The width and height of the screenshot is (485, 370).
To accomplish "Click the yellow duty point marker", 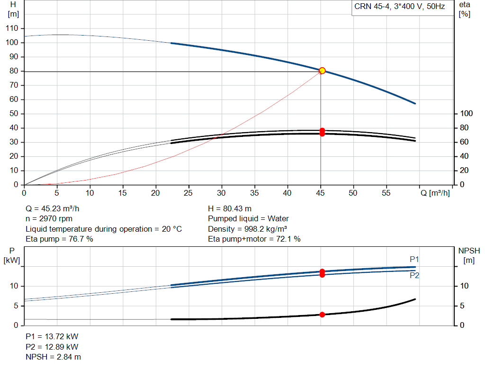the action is [x=322, y=71].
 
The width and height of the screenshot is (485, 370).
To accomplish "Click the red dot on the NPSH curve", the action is [x=322, y=315].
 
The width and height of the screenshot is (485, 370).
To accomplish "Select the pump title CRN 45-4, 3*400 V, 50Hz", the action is [x=399, y=7].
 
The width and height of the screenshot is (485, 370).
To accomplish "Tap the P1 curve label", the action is [x=414, y=259].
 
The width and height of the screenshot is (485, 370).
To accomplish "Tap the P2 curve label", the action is [x=414, y=275].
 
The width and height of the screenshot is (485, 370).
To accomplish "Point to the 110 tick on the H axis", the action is [x=12, y=28].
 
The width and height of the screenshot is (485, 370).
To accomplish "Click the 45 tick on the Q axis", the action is [x=321, y=193].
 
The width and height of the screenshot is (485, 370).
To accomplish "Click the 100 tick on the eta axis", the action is [x=467, y=114].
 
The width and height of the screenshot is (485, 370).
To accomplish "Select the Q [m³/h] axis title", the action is [x=435, y=193].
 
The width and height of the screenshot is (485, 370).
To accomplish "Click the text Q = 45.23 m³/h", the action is [x=52, y=209].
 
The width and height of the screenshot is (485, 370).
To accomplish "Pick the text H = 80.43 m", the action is [x=230, y=209].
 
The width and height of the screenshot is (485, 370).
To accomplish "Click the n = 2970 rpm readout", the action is [x=49, y=219].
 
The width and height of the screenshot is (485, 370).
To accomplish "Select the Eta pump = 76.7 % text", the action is [x=59, y=239].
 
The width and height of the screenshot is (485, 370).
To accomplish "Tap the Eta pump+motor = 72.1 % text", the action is [x=254, y=239].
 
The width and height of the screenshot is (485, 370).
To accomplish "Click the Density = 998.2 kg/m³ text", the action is [x=247, y=229].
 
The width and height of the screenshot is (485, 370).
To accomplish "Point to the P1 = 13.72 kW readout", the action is [x=52, y=336].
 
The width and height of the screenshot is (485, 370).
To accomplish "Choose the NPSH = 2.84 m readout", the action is [x=53, y=357].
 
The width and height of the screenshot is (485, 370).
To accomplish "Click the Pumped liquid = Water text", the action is [x=248, y=219].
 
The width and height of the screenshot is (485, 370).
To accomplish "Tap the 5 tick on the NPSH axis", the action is [x=462, y=306].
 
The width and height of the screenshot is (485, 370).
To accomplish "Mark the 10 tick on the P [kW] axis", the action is [x=14, y=286].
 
